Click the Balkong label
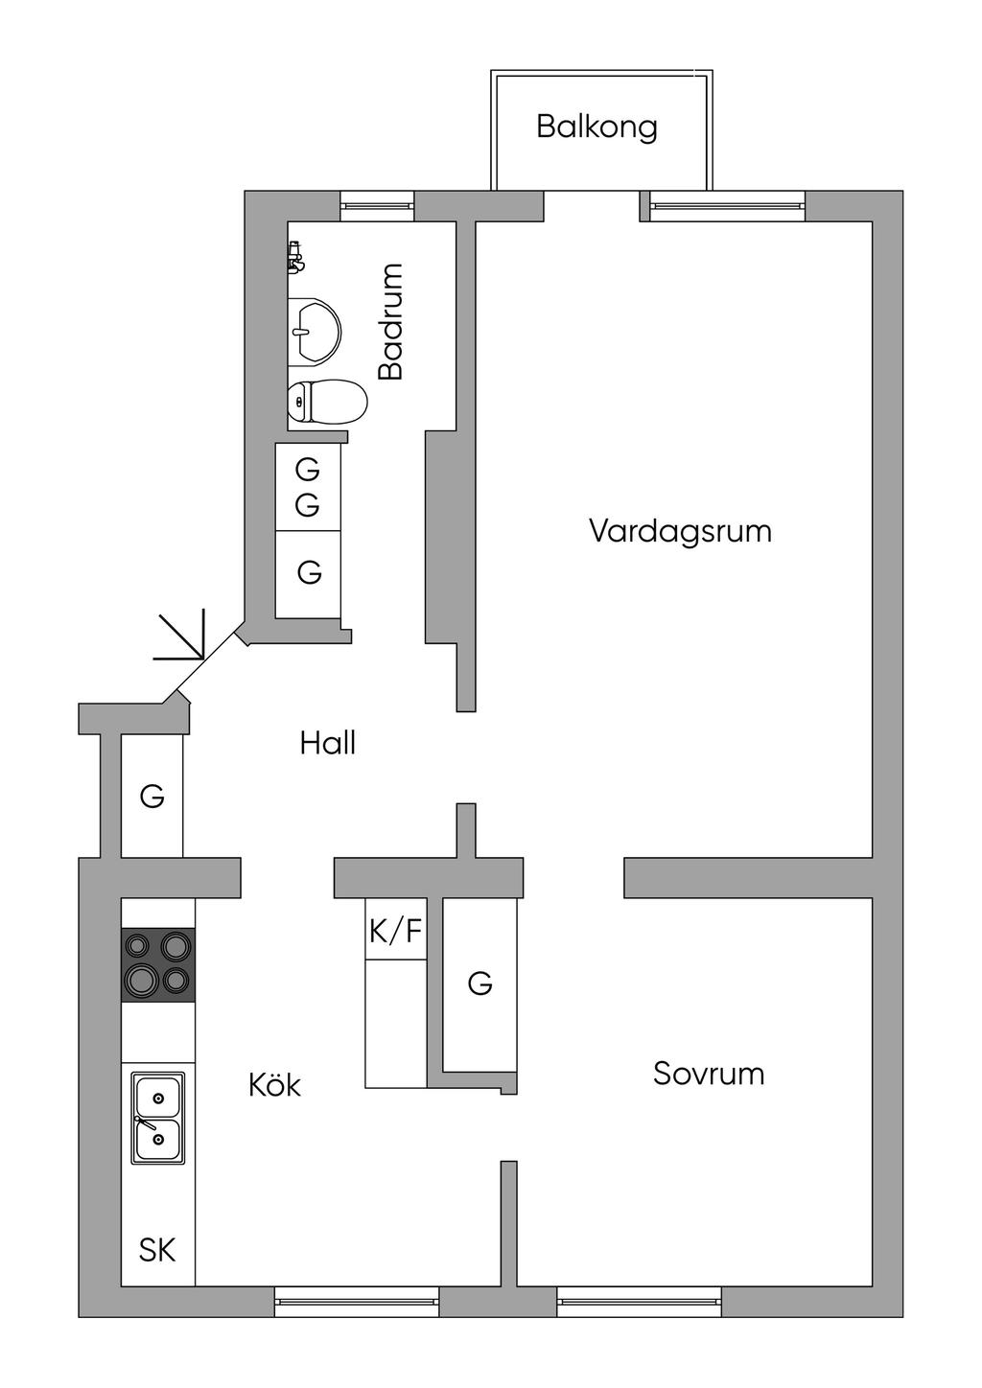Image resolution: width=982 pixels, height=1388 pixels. [596, 127]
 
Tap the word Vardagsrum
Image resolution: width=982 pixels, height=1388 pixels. [680, 530]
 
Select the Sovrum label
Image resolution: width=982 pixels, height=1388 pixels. [708, 1073]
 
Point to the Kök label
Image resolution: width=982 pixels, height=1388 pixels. [274, 1083]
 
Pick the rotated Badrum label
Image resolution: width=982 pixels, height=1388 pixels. [391, 321]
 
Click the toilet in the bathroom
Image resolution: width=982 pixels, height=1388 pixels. [327, 402]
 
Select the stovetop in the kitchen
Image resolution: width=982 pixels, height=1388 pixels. [157, 964]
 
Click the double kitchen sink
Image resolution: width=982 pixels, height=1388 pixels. [158, 1118]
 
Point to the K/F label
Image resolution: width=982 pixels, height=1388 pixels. [396, 930]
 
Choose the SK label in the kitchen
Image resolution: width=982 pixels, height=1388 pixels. [157, 1249]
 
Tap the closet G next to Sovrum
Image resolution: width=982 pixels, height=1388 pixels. [479, 983]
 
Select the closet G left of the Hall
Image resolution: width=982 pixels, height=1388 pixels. [152, 797]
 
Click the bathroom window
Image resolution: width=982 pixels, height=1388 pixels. [377, 206]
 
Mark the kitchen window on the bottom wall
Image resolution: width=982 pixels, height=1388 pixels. [357, 1302]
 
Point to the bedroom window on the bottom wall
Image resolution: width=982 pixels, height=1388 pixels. [640, 1302]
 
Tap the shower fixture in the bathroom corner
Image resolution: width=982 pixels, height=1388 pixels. [295, 257]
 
